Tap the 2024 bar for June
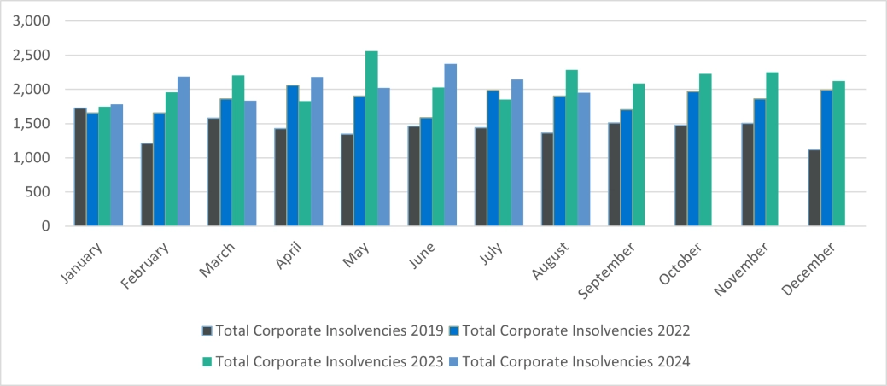click(450, 145)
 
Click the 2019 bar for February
click(148, 184)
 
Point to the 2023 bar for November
click(772, 149)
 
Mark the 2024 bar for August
click(584, 159)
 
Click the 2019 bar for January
click(80, 167)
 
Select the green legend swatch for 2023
click(207, 361)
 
